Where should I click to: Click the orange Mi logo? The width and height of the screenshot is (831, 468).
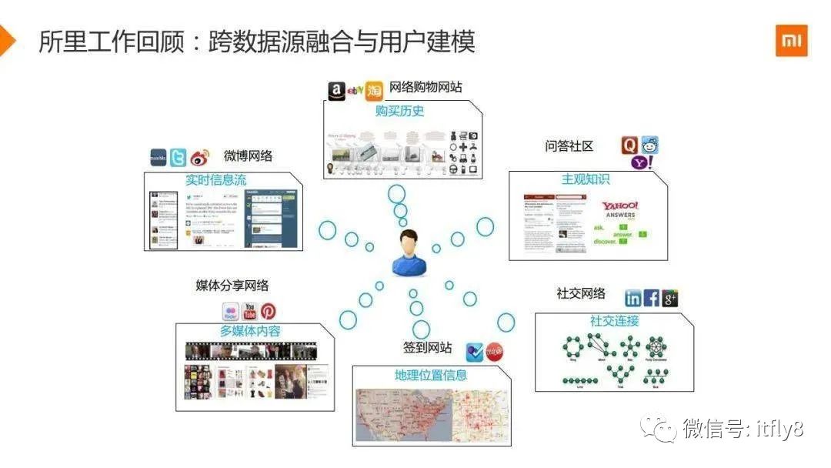[x=791, y=41]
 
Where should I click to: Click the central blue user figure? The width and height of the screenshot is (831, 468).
[x=409, y=253]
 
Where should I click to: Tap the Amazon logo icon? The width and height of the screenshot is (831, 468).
[x=336, y=91]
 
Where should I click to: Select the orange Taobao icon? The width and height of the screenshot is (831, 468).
[x=374, y=91]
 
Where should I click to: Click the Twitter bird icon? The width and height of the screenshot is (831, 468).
[x=179, y=157]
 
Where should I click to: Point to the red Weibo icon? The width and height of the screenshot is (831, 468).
[x=200, y=157]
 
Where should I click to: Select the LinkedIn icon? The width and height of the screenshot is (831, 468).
[x=633, y=299]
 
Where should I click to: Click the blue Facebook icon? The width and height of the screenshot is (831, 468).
[x=652, y=299]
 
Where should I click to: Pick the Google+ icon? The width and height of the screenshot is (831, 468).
[x=670, y=299]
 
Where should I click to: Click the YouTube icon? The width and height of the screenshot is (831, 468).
[x=249, y=311]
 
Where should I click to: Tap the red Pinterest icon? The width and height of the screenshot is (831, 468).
[x=268, y=311]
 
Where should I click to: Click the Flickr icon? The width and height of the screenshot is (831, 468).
[x=230, y=312]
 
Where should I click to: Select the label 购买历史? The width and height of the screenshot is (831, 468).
[x=399, y=111]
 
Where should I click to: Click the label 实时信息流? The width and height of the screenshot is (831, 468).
[x=215, y=180]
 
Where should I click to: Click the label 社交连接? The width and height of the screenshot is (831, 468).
[x=614, y=321]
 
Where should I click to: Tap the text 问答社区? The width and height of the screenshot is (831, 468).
[x=569, y=146]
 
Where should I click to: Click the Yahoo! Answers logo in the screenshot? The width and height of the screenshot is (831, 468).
[x=619, y=209]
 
